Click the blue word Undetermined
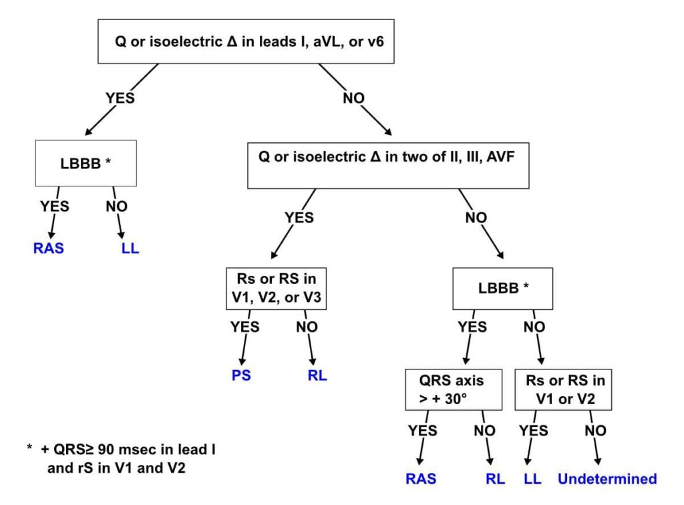pos(607,479)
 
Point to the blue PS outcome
pos(241,375)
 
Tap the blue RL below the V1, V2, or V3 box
pos(317,375)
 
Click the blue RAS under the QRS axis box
pos(421,479)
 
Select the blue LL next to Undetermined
pos(532,479)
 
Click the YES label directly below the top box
pos(120,98)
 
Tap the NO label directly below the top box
pos(353,98)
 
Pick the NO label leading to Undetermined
pos(595,431)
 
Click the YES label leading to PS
pos(245,327)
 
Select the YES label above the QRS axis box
pos(472,327)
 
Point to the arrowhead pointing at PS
pos(242,361)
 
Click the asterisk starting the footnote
pos(29,448)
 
